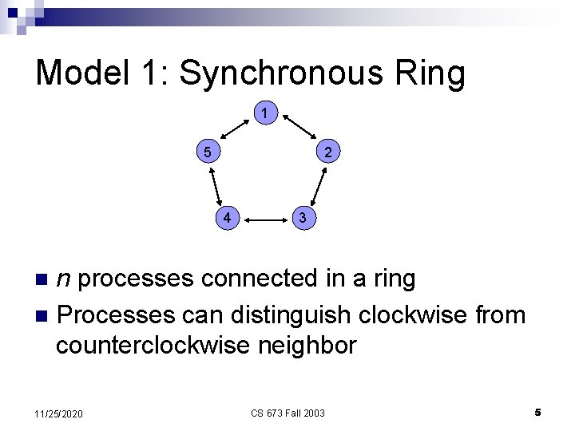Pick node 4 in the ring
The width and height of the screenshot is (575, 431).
pyautogui.click(x=228, y=217)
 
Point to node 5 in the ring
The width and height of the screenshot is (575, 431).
pyautogui.click(x=207, y=152)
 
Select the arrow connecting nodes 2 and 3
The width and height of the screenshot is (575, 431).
pyautogui.click(x=318, y=184)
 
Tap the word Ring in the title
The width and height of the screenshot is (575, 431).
pyautogui.click(x=434, y=73)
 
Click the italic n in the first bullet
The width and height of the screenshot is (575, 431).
pyautogui.click(x=65, y=279)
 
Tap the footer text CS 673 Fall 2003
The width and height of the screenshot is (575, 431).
pyautogui.click(x=287, y=413)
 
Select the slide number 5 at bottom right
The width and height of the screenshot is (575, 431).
pyautogui.click(x=538, y=413)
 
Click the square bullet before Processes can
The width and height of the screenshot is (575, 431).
pyautogui.click(x=43, y=315)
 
